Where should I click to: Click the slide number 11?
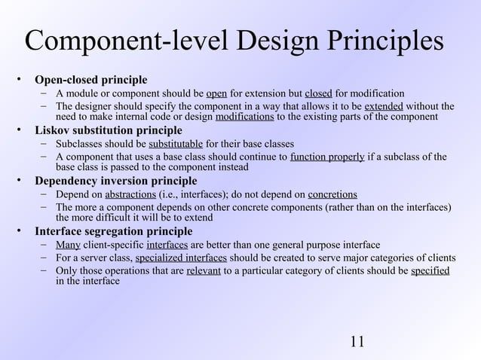pos(357,340)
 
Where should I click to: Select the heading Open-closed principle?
pos(90,80)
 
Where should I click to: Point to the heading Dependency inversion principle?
pos(115,181)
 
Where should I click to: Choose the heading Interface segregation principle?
pos(113,231)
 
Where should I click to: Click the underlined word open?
pos(216,93)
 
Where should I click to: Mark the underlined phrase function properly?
pos(328,157)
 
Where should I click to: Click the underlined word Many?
pos(69,245)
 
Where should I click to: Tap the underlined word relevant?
pos(204,270)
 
